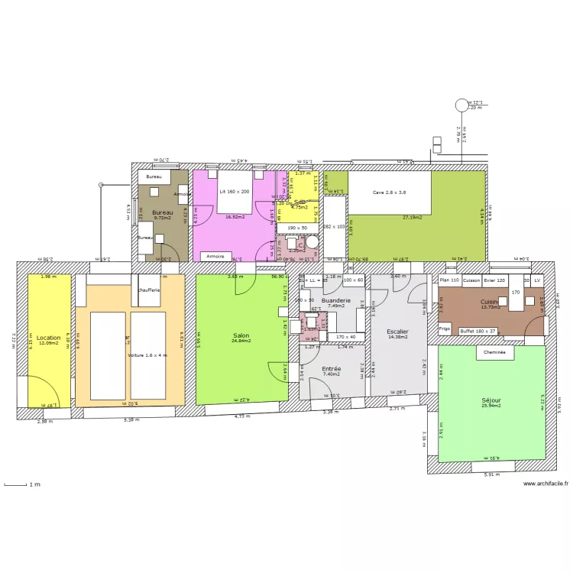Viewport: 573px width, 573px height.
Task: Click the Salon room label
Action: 241,335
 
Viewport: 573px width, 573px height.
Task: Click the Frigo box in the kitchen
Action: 445,329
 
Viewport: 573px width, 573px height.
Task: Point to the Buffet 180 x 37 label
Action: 477,330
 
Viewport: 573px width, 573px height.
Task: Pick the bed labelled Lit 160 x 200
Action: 235,192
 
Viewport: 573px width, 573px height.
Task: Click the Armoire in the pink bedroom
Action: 215,257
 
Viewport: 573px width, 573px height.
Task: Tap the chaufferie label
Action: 150,290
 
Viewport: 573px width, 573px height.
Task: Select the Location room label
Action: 48,337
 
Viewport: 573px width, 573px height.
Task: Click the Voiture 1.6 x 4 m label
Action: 147,355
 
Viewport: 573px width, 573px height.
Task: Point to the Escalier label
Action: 397,332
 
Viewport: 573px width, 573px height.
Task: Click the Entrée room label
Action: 331,369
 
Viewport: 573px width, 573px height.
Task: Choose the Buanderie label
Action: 337,301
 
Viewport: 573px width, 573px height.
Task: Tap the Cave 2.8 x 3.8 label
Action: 390,193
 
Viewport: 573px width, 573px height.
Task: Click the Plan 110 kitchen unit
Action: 449,280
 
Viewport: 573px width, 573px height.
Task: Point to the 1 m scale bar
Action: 18,484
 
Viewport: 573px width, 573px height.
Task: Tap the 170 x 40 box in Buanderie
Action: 345,336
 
